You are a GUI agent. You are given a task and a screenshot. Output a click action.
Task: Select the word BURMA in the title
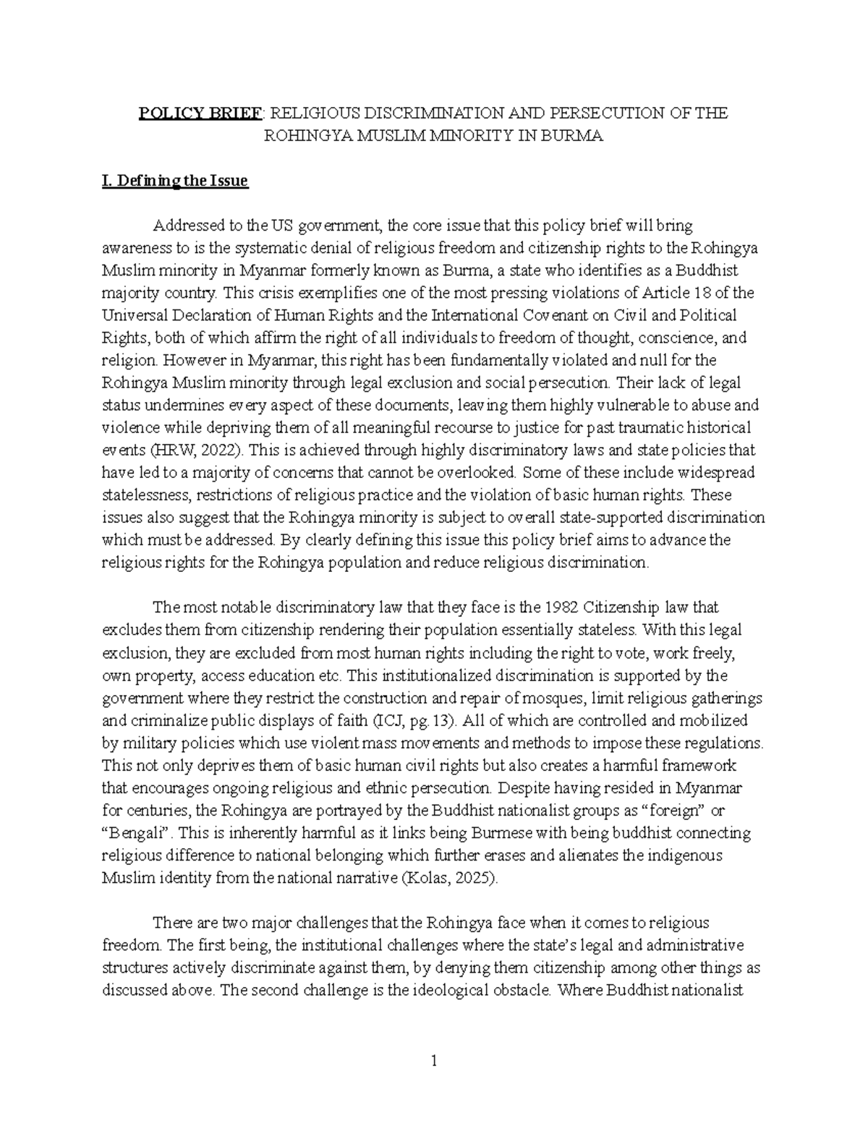(575, 136)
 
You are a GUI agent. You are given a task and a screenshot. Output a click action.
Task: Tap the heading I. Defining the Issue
(175, 181)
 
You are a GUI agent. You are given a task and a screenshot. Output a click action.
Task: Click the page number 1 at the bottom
(434, 1062)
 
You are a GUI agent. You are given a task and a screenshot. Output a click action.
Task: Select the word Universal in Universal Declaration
(130, 315)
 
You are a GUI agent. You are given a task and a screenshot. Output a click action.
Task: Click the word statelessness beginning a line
(143, 495)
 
